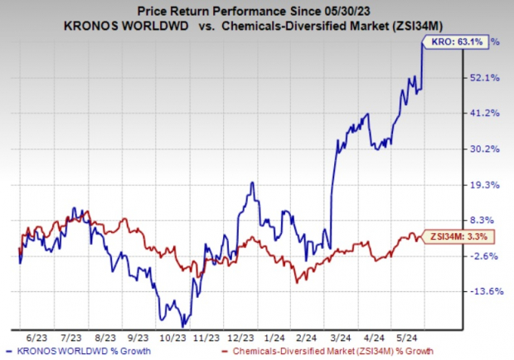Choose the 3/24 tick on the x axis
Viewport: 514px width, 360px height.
[x=342, y=337]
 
